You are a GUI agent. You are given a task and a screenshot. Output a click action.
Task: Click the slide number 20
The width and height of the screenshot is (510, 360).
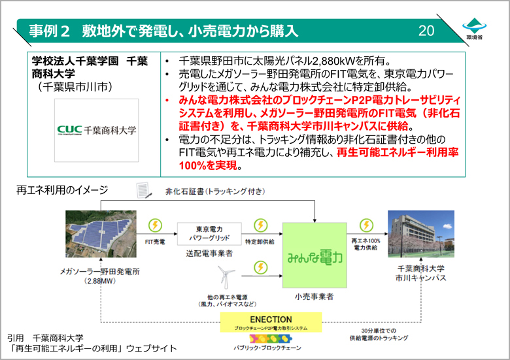(x=426, y=31)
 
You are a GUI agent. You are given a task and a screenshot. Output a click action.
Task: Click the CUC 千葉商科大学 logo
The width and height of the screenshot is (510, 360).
(x=97, y=130)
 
